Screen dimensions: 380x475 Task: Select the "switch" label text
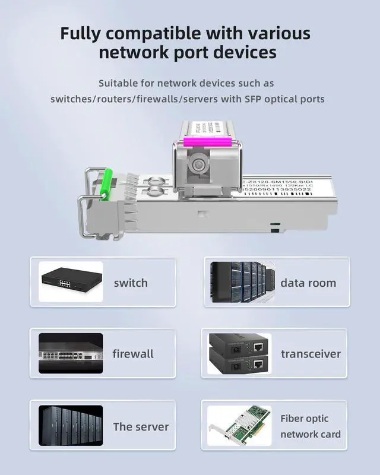(131, 283)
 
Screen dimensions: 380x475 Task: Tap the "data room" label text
(308, 283)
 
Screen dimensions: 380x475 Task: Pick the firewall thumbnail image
(71, 353)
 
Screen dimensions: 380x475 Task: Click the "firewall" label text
(133, 354)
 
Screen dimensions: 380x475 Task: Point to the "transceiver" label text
(311, 354)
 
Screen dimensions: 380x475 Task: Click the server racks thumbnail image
(71, 426)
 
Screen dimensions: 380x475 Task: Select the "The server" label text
(141, 426)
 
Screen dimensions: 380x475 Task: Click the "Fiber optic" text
(304, 419)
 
